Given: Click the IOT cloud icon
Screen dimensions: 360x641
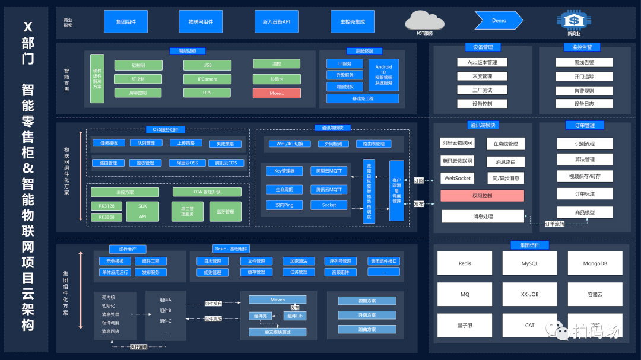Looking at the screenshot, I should (x=424, y=21).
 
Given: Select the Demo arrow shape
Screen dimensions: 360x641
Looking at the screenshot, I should (x=499, y=21).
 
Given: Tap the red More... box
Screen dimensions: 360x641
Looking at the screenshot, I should (x=276, y=93).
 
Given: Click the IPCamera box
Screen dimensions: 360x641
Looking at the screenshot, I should (x=207, y=79).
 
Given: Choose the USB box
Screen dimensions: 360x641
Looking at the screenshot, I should (x=207, y=65).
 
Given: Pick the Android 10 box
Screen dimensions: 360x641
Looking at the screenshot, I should (x=383, y=75).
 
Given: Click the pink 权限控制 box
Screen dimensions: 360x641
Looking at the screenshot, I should (x=482, y=196).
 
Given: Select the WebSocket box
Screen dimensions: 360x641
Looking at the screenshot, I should (x=457, y=178).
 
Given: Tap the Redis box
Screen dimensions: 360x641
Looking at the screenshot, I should (x=465, y=263).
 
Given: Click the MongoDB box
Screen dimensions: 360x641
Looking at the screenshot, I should (x=595, y=263).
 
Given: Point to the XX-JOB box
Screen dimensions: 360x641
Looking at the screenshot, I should (x=529, y=294).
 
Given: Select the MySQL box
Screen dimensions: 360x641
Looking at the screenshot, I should (x=529, y=263).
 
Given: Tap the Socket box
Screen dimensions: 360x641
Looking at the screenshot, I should (x=329, y=205).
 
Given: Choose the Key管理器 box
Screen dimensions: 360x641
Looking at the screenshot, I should (x=280, y=171).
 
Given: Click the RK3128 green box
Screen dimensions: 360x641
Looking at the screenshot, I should (x=107, y=206).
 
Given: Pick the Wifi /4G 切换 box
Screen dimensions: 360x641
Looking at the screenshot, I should (x=290, y=144).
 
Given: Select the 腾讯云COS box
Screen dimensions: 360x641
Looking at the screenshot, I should (x=226, y=163).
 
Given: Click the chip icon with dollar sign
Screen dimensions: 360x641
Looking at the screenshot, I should (x=573, y=21).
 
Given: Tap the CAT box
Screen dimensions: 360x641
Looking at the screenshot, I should (x=529, y=325).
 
